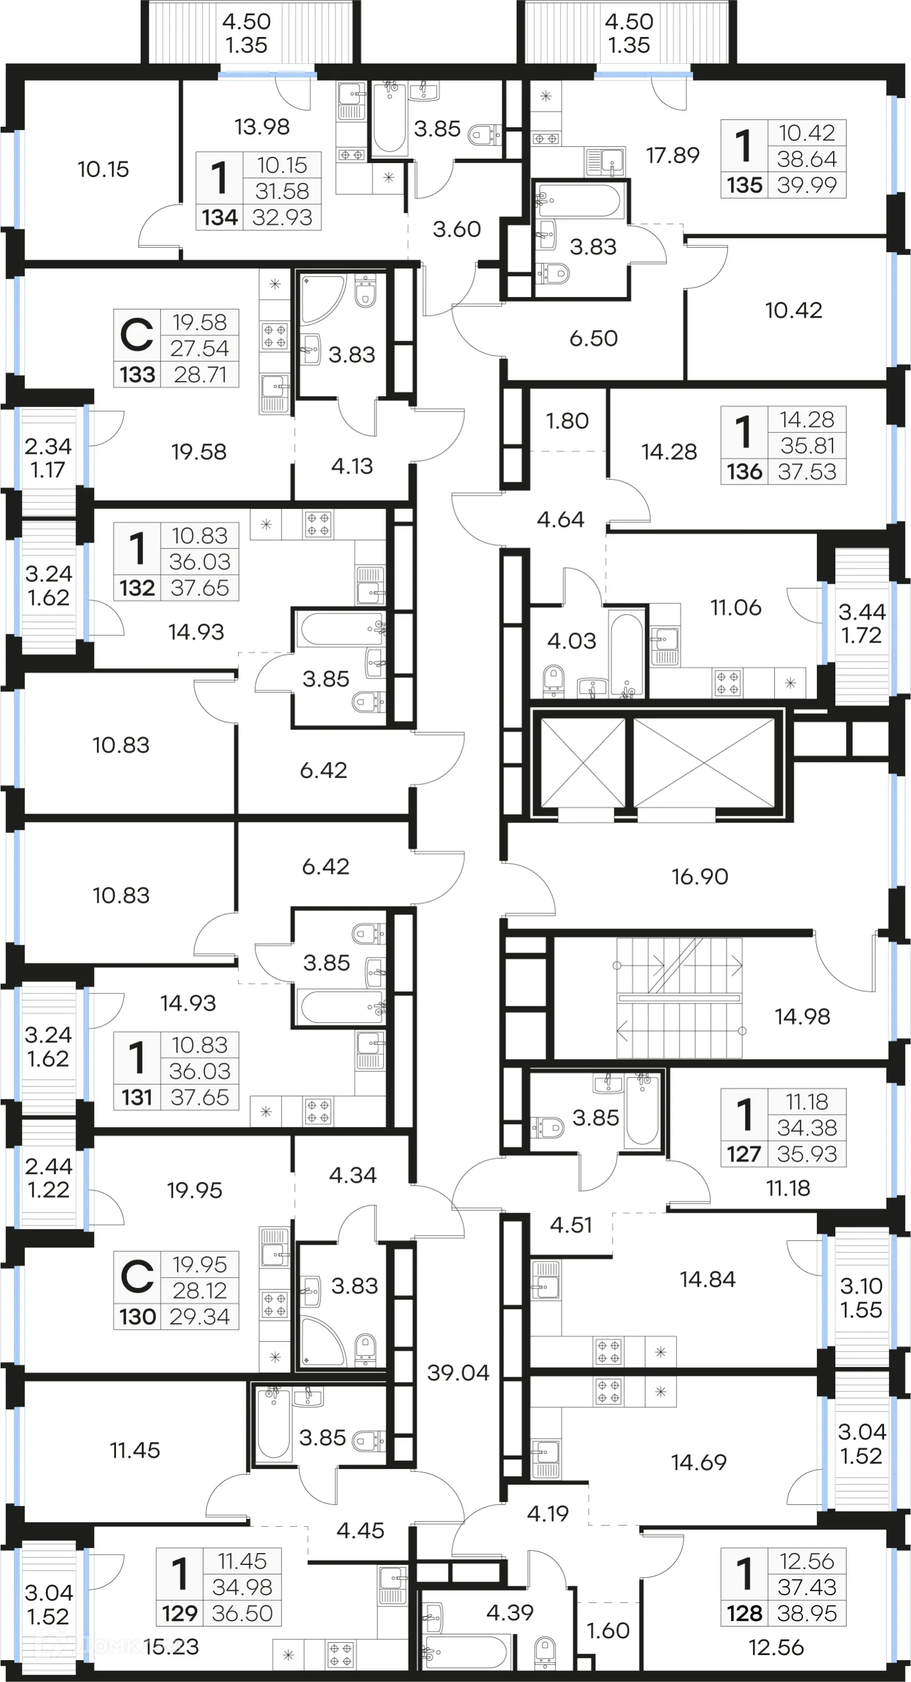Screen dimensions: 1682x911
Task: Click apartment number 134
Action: (219, 217)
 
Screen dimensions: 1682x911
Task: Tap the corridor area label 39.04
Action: (458, 1373)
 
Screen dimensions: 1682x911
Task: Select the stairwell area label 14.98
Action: (802, 1016)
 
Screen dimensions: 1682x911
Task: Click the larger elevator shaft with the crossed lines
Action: (704, 762)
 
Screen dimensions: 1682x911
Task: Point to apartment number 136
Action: (744, 472)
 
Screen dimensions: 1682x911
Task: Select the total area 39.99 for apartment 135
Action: (807, 185)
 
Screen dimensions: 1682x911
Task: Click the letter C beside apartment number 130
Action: (136, 1277)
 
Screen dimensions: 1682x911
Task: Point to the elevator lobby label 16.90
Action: (700, 876)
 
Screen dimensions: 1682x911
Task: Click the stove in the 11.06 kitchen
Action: (727, 683)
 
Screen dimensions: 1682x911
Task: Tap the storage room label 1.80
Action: (567, 420)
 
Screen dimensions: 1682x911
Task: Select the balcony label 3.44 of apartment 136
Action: (861, 612)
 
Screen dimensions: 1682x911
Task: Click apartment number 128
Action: (744, 1613)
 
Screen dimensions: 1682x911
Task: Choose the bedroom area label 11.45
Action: (135, 1450)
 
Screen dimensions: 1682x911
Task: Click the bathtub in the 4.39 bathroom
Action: (465, 1651)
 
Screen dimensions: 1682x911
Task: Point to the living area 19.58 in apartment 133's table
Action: (199, 322)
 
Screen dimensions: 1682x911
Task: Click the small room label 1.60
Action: (608, 1630)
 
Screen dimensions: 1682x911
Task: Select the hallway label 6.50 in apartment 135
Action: (593, 338)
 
